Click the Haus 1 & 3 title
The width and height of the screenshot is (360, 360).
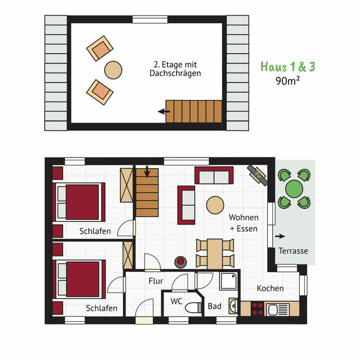pos(287,66)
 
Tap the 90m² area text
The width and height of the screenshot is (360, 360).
pos(287,80)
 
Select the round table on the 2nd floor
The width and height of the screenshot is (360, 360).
pos(113,70)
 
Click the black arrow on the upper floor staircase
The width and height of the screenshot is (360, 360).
pos(164,111)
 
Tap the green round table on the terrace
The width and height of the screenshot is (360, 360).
pos(295,187)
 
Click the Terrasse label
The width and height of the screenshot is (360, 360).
pos(294,251)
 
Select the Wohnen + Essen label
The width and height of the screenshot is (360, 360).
pos(244,223)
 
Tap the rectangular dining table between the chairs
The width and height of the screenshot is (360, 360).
pos(215,253)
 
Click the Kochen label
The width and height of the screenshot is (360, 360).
pos(270,288)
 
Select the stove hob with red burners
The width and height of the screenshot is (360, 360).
pos(258,308)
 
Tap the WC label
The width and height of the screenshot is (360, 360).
pos(176,301)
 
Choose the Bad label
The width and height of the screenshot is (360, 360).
pos(214,307)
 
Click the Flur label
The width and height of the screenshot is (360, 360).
pos(156,280)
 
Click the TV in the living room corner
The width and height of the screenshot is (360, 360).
pos(258,174)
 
